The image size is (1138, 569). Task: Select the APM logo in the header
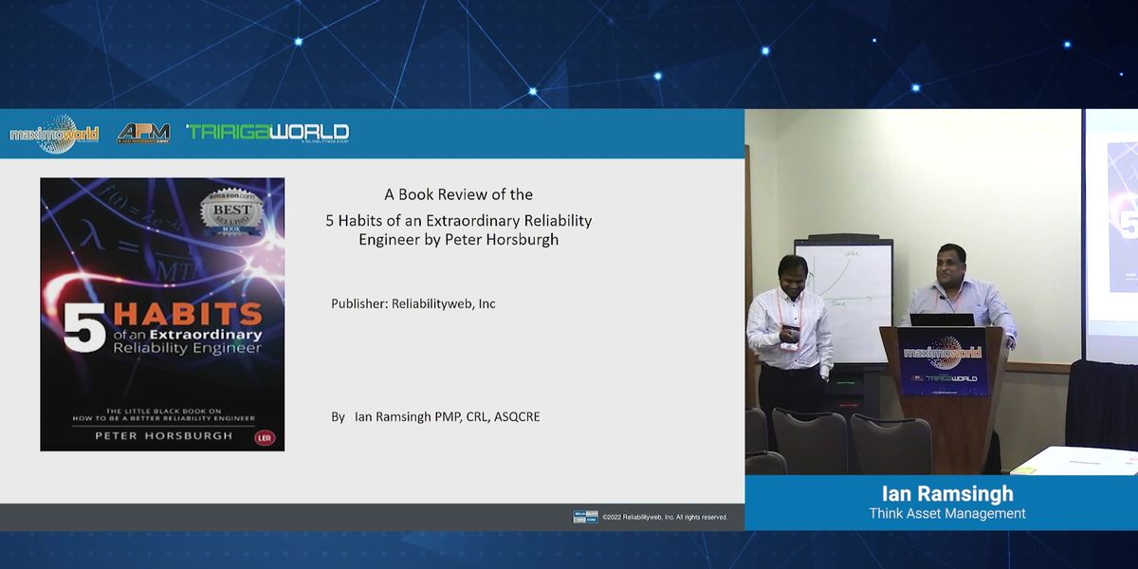click(143, 134)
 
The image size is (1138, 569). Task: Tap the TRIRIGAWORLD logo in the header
click(267, 132)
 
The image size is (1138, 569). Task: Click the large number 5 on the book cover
click(83, 327)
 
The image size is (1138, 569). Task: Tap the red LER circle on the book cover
click(265, 438)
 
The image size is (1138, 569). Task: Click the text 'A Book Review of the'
click(458, 194)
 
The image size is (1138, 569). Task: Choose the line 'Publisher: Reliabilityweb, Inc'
click(413, 303)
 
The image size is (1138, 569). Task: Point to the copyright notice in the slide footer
click(664, 517)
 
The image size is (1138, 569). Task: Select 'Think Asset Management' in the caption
click(946, 514)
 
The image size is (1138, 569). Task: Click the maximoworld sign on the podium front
click(943, 353)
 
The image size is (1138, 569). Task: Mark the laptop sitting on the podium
click(942, 320)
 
